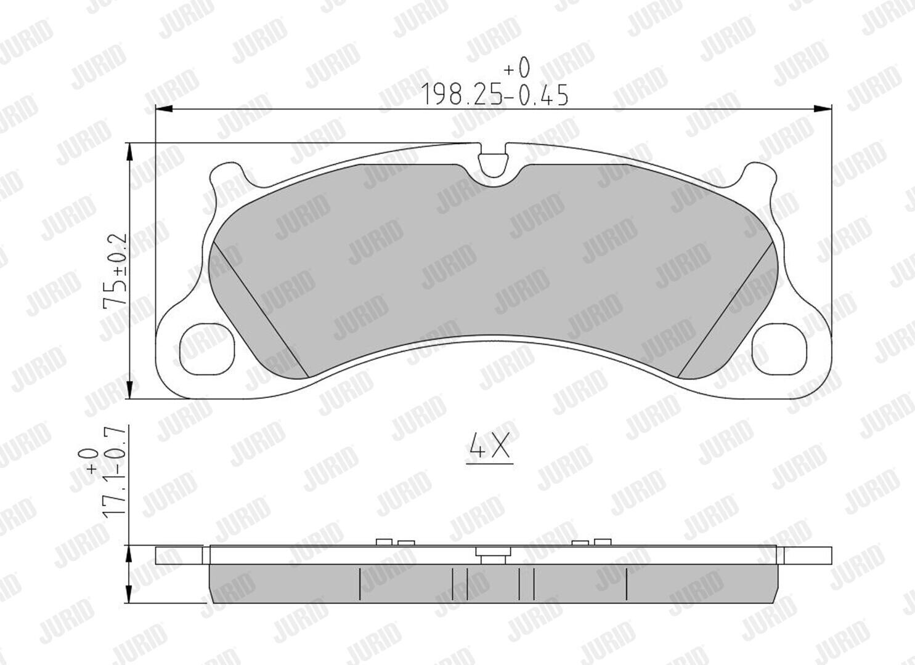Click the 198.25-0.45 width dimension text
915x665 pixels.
[x=494, y=95]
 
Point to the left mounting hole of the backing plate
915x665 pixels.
[x=207, y=349]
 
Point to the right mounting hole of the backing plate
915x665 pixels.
[x=780, y=349]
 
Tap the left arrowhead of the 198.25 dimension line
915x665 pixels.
[x=165, y=109]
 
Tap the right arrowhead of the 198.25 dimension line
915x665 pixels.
[x=823, y=109]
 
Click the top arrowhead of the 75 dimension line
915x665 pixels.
[x=129, y=152]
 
